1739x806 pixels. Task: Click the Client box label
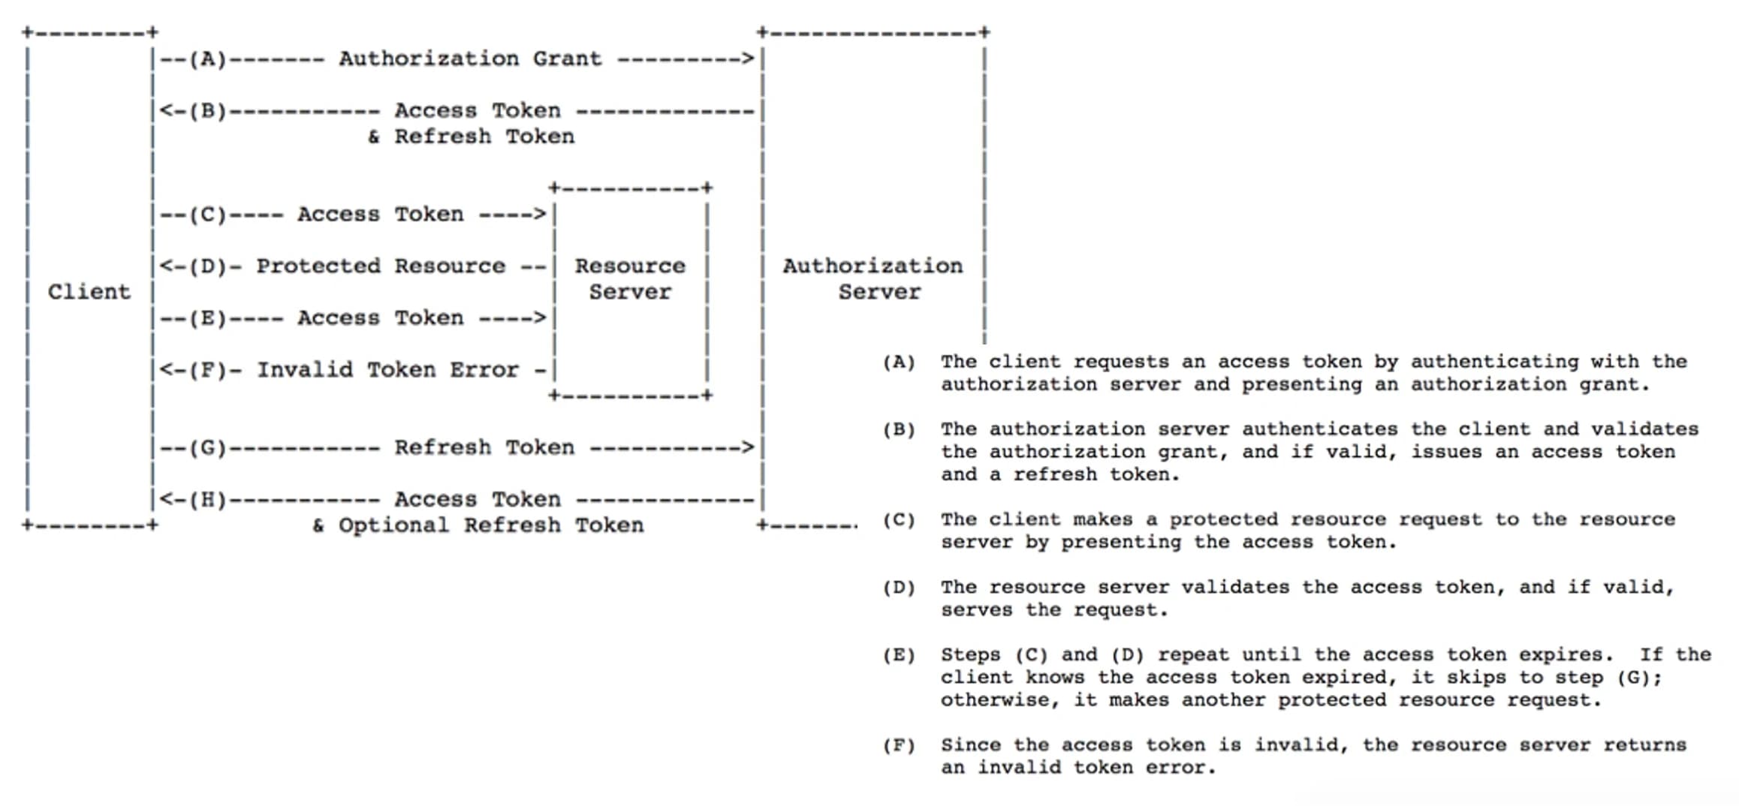tap(89, 292)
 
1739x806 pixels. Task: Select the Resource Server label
tap(630, 279)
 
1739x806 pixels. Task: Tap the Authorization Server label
tap(873, 279)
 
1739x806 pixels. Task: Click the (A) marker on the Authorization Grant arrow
tap(207, 59)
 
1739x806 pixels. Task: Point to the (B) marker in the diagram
tap(207, 111)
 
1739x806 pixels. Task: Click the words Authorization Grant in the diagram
tap(470, 59)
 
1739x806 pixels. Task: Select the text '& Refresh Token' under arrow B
tap(471, 137)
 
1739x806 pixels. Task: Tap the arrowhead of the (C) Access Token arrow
tap(539, 215)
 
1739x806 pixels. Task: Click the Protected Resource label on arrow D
tap(381, 266)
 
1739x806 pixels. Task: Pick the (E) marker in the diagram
tap(207, 318)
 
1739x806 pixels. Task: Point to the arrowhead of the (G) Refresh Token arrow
tap(747, 448)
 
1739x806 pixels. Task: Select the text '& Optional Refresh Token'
tap(478, 525)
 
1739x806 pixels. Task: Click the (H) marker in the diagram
tap(207, 500)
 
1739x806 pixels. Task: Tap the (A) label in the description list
tap(899, 362)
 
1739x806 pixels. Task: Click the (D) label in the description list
tap(899, 588)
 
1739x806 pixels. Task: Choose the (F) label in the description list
tap(899, 746)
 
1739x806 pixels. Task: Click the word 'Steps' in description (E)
tap(970, 655)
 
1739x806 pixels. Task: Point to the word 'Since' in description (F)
tap(970, 746)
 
